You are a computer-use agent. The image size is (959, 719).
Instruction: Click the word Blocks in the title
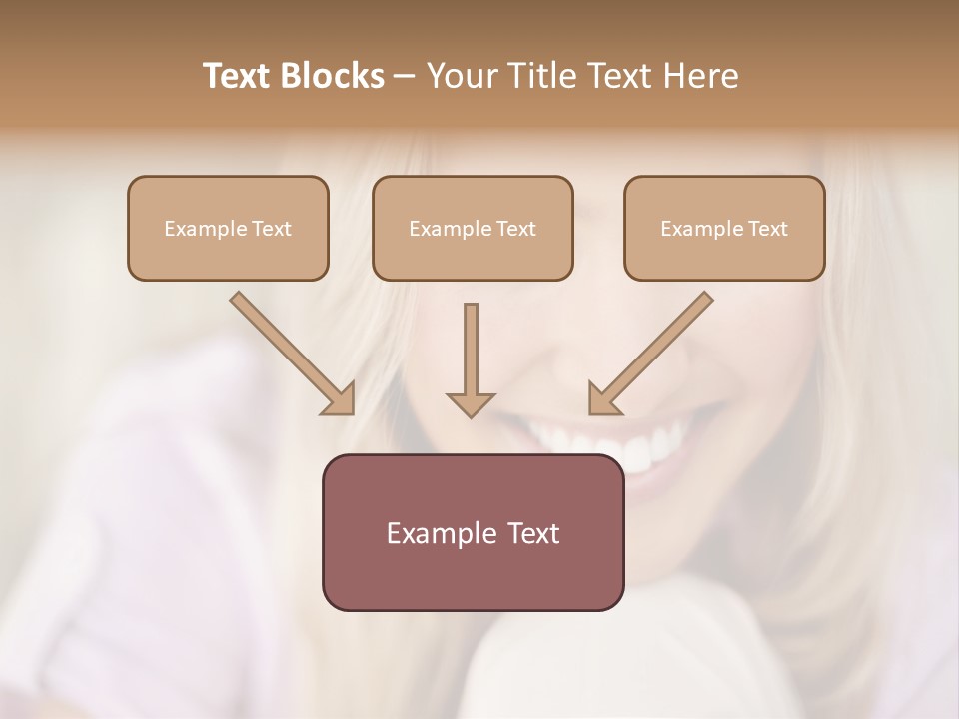pyautogui.click(x=334, y=76)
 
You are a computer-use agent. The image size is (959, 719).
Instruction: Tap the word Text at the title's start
pyautogui.click(x=239, y=76)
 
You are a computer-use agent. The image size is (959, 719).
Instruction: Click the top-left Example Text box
pyautogui.click(x=228, y=229)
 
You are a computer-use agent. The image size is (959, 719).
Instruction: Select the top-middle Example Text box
pyautogui.click(x=473, y=229)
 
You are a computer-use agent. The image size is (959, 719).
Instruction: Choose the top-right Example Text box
pyautogui.click(x=724, y=229)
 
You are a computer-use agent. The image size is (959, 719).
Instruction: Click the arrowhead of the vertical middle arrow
pyautogui.click(x=471, y=403)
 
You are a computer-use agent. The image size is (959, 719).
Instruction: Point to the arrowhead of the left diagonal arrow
pyautogui.click(x=341, y=400)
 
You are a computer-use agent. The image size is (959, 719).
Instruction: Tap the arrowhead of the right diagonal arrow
pyautogui.click(x=602, y=400)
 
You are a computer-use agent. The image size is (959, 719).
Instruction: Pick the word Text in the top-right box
pyautogui.click(x=766, y=229)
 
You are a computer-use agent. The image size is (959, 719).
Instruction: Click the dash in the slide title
pyautogui.click(x=405, y=76)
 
